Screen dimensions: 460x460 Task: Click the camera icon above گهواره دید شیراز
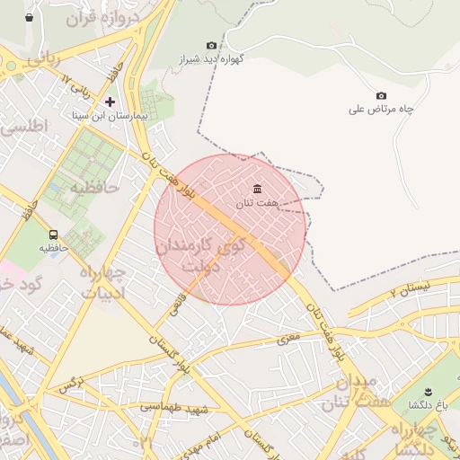[212, 45]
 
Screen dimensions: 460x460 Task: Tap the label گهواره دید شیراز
[212, 59]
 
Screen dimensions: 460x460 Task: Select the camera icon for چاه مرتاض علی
[381, 96]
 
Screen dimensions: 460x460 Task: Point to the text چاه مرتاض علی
[381, 110]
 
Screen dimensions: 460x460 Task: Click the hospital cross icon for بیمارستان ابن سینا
[111, 102]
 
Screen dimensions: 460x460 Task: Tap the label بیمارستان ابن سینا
[111, 116]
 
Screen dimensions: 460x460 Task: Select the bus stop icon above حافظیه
[53, 234]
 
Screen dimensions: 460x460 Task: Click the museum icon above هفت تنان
[258, 189]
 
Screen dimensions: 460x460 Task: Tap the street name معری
[287, 340]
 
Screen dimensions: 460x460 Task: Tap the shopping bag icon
[30, 17]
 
